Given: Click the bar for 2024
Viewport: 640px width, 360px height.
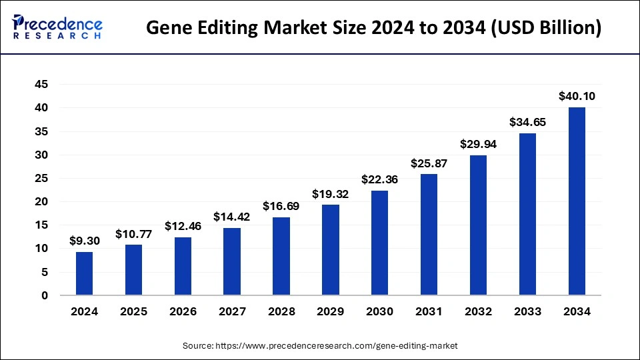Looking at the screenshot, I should pos(84,273).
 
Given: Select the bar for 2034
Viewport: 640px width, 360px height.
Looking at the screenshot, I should pos(577,201).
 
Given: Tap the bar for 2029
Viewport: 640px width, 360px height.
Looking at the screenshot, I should pos(330,249).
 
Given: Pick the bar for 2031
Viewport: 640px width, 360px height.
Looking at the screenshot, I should pos(429,234).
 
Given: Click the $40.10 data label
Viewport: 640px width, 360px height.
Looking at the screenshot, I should pos(577,96).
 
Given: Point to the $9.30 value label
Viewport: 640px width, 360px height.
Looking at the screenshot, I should pos(84,241).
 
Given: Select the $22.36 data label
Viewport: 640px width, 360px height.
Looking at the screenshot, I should pos(379,179).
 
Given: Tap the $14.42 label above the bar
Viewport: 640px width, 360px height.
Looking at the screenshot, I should pos(231,217).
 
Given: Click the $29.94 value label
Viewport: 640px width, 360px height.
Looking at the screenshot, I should pos(478,144).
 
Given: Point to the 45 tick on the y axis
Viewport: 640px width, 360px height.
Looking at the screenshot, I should pos(41,85).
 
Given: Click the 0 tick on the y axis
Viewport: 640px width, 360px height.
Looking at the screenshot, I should pos(45,295).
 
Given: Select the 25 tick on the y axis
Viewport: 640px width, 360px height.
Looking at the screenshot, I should pos(41,178).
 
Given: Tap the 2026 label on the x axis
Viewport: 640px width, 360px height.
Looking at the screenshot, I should pos(182,311).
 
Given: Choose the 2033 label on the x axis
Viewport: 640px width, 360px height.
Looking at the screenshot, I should pos(527,311).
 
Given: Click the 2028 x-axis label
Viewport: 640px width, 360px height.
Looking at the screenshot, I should pos(281,311).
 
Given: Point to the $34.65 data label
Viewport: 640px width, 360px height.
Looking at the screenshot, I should pos(527,122).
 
